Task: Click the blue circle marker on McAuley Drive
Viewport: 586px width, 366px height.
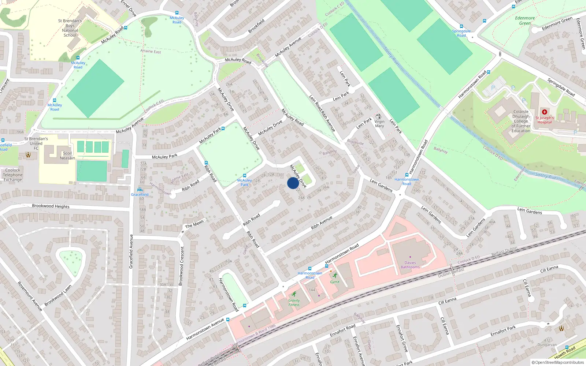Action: pos(293,183)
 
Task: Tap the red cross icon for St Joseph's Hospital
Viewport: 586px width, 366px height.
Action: pos(545,112)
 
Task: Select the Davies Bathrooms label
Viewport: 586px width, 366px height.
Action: pos(410,265)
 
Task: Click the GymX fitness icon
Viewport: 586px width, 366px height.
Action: pos(335,275)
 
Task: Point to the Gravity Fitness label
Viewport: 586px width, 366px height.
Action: pos(294,303)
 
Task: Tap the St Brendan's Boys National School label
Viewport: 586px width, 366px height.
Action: pos(70,28)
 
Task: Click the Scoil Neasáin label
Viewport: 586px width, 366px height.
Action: pos(67,156)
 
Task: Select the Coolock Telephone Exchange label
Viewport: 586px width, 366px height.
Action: pos(13,175)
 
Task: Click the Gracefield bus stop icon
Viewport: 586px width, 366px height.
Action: pos(140,190)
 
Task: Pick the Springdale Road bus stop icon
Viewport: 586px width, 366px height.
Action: pos(461,26)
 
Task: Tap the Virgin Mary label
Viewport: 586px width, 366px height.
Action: pos(379,124)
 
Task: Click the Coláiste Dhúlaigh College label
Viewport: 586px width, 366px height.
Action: pos(521,121)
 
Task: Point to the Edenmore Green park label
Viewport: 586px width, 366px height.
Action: pos(525,20)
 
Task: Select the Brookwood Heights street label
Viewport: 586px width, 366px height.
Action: pos(51,206)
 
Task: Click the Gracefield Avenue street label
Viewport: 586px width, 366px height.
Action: pos(131,251)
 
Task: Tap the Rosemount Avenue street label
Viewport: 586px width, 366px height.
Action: pos(30,296)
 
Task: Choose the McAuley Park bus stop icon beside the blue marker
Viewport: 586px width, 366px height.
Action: pos(244,176)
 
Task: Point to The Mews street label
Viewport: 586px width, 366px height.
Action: pos(194,224)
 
